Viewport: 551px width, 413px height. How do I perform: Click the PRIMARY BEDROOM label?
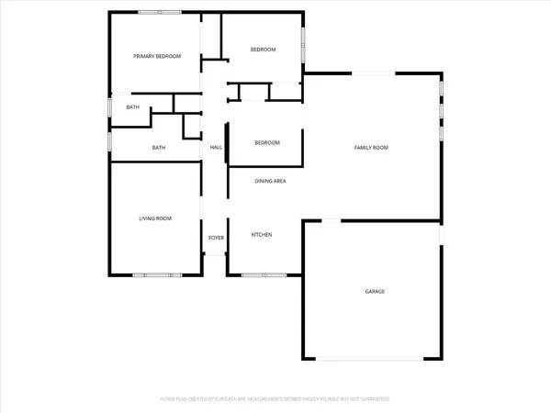(156, 57)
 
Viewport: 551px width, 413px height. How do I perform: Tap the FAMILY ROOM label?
(373, 148)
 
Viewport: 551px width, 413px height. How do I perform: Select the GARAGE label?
(375, 291)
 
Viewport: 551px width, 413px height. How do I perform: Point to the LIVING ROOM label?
(155, 218)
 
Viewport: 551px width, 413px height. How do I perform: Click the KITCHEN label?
(262, 235)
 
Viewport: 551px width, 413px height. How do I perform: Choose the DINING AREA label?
(271, 181)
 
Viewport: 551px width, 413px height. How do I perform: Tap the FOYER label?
(216, 238)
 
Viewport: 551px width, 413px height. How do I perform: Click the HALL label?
(217, 148)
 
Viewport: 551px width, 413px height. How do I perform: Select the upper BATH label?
(133, 108)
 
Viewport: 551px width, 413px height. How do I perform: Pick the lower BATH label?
(159, 148)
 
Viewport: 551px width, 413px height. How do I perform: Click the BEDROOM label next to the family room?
(266, 142)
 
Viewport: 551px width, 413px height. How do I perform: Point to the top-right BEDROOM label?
(264, 50)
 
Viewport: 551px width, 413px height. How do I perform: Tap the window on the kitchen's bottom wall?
(264, 274)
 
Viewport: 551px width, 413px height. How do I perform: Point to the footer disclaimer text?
(275, 399)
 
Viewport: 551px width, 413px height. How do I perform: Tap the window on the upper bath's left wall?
(109, 108)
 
